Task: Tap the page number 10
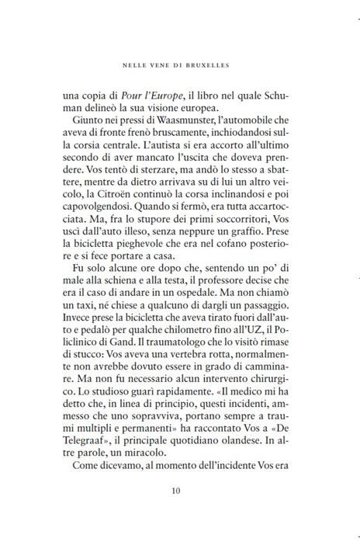181,513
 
